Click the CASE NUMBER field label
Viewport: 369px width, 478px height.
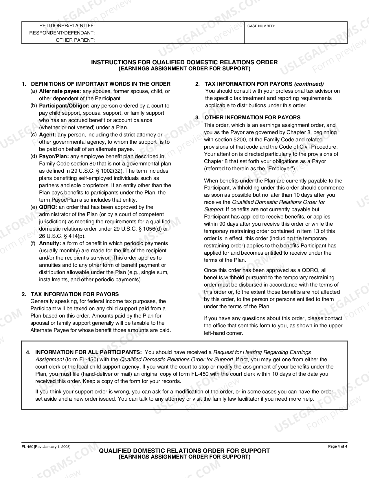(261, 26)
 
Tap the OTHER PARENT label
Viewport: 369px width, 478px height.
(75, 40)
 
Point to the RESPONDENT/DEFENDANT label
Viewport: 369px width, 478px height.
(62, 33)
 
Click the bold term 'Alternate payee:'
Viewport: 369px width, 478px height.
(60, 91)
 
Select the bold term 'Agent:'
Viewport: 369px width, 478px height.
(47, 135)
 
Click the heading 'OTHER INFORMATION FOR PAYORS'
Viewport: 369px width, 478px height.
(252, 118)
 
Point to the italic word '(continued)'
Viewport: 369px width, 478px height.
(309, 84)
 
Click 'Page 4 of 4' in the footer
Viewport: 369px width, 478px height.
(337, 446)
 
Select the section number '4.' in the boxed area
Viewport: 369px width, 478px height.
(28, 353)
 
